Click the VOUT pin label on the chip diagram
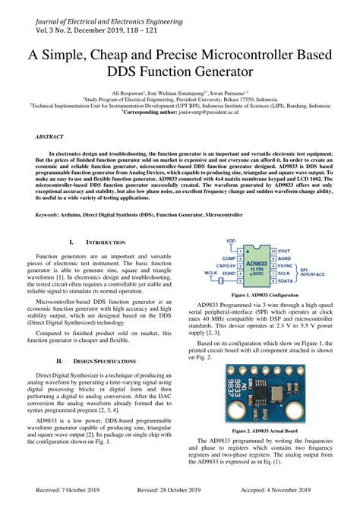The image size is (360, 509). pyautogui.click(x=283, y=250)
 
